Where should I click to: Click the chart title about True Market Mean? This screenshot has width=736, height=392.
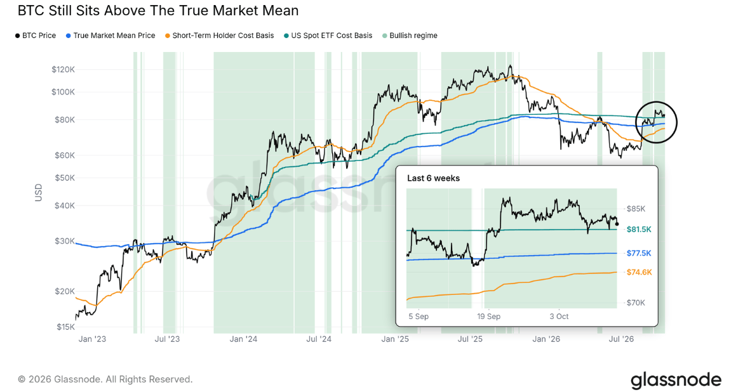158,10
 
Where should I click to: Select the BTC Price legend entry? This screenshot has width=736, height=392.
36,36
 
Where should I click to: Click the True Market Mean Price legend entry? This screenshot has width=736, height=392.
110,36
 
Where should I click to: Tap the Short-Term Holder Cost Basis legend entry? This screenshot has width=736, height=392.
220,36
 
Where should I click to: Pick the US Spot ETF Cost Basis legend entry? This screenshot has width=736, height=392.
328,36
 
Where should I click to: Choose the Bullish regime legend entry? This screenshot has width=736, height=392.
410,36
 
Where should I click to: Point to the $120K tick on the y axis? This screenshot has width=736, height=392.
64,70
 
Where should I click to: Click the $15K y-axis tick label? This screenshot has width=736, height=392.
65,327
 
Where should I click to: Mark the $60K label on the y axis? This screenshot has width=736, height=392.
65,155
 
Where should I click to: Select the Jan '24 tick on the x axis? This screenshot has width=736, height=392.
243,339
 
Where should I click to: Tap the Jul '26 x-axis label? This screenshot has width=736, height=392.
621,339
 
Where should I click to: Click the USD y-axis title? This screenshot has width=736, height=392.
39,193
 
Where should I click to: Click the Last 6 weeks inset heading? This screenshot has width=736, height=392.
433,178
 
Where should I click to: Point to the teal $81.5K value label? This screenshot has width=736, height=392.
639,229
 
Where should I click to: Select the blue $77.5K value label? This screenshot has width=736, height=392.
639,253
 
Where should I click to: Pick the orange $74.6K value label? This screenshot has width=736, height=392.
639,272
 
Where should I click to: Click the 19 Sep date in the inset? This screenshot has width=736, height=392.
488,317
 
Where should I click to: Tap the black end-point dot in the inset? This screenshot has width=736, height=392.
617,224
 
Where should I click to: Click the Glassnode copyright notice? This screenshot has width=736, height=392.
105,379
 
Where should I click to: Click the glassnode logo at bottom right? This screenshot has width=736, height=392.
676,380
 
